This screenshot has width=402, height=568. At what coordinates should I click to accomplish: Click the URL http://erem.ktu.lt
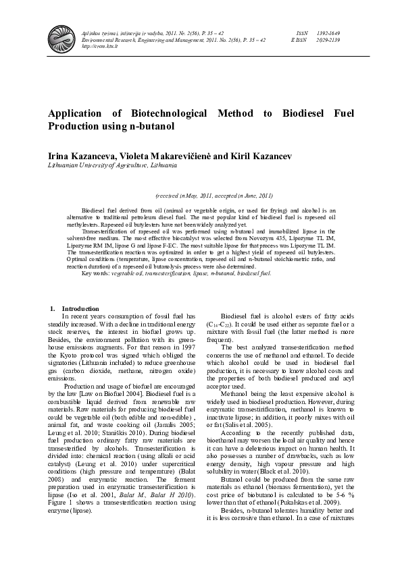pos(101,47)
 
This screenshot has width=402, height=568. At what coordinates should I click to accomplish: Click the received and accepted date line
pos(213,195)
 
